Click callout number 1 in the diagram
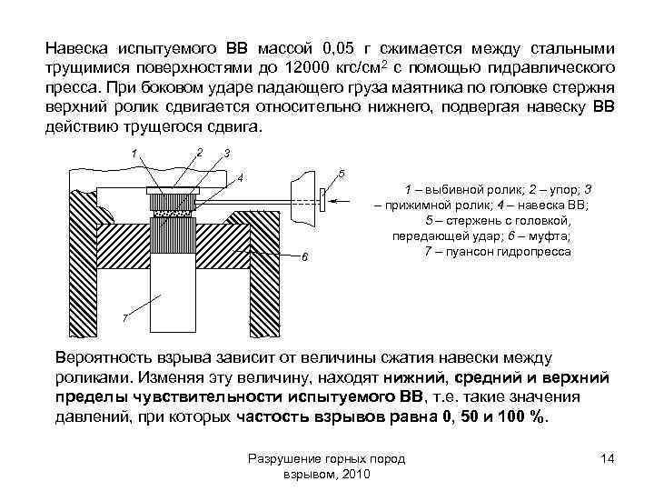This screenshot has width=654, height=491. (134, 151)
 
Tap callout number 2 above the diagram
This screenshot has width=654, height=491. (198, 151)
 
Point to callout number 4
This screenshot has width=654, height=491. (241, 176)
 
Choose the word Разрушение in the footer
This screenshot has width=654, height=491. (282, 460)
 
